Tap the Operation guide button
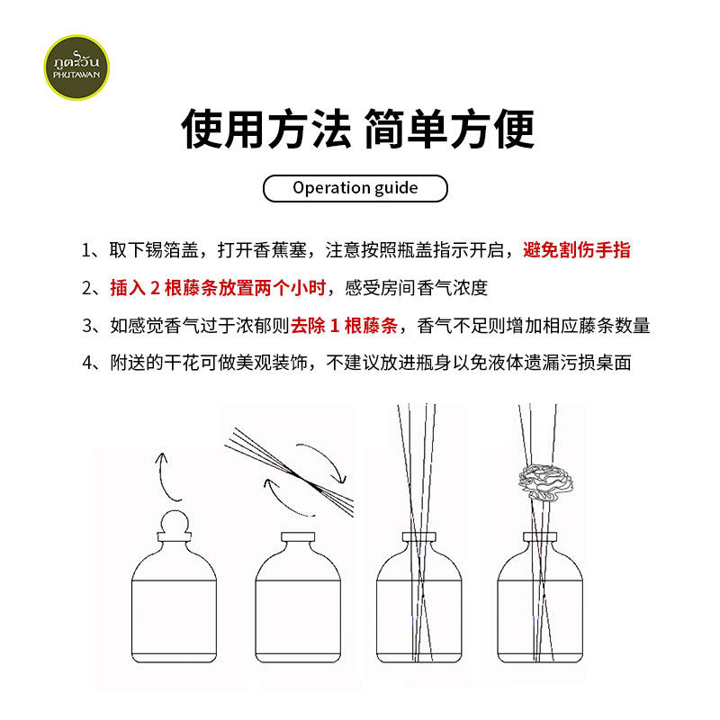point(355,188)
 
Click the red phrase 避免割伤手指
point(577,250)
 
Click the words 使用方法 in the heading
point(265,129)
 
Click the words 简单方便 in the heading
point(449,129)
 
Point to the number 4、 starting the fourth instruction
point(93,364)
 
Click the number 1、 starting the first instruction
point(93,250)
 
